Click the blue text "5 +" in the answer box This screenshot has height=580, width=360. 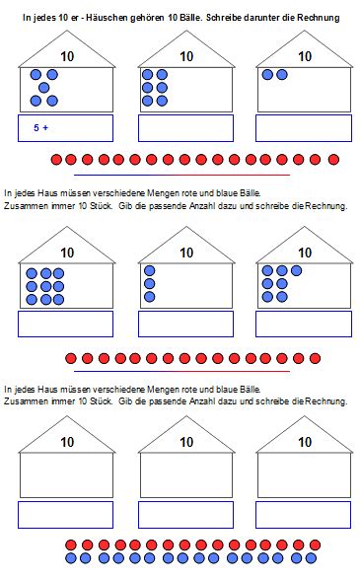click(x=40, y=127)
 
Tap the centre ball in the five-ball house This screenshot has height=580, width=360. click(x=44, y=88)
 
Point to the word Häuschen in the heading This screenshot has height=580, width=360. click(x=107, y=18)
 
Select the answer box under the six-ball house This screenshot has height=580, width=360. click(x=185, y=128)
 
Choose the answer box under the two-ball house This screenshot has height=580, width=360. click(x=304, y=128)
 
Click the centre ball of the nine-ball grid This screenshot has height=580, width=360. click(x=46, y=286)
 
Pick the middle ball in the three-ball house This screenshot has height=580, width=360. click(x=150, y=284)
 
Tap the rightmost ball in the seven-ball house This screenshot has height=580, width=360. click(x=296, y=270)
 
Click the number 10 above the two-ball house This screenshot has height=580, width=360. click(x=305, y=56)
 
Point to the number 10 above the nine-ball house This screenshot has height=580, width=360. click(x=67, y=253)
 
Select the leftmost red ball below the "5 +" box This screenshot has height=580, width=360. click(x=56, y=160)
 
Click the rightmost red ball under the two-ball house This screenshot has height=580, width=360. click(x=333, y=160)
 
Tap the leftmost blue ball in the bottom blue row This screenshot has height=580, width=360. click(x=71, y=558)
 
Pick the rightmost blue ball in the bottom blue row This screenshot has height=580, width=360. click(x=311, y=558)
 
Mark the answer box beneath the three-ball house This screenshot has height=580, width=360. click(x=185, y=324)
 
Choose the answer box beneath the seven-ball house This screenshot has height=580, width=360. click(x=304, y=324)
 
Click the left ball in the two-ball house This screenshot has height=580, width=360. click(x=267, y=75)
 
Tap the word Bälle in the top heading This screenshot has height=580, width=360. click(x=190, y=18)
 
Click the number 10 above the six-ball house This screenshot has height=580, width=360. click(x=186, y=56)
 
